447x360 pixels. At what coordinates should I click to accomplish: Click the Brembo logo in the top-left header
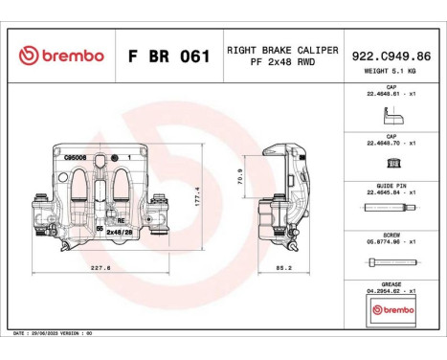[x=60, y=56]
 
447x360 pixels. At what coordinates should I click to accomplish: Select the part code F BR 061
[x=168, y=56]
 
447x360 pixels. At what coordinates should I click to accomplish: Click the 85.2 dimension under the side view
[x=284, y=268]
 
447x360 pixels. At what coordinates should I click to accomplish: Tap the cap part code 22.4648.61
[x=391, y=94]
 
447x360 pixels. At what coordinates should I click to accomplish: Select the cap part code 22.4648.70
[x=391, y=142]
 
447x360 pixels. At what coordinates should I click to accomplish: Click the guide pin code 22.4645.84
[x=391, y=191]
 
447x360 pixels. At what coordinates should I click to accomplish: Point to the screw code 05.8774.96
[x=391, y=242]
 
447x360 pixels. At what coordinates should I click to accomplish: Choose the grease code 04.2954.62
[x=391, y=290]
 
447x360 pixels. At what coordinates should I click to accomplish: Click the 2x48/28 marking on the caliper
[x=119, y=232]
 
